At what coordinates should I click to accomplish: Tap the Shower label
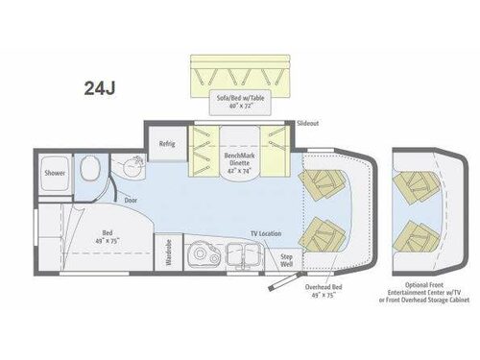53,174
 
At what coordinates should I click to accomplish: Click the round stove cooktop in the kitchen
203,252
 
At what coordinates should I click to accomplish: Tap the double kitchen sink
243,252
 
